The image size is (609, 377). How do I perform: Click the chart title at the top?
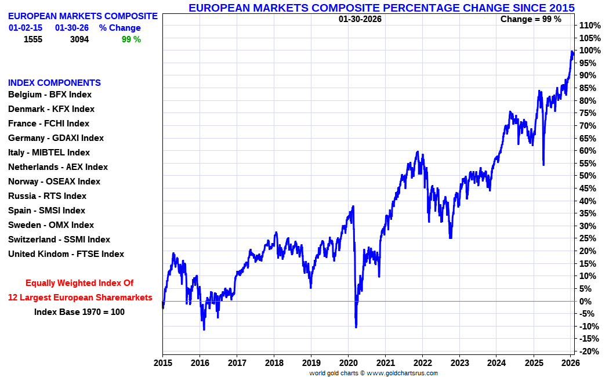point(382,8)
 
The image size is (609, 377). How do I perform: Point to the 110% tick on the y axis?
point(589,26)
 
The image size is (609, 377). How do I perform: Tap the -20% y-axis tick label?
point(589,351)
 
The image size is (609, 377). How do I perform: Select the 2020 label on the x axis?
point(348,363)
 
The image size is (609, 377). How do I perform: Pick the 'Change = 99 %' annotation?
point(531,19)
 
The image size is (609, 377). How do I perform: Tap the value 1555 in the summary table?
point(34,39)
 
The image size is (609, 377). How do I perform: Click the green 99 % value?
point(131,39)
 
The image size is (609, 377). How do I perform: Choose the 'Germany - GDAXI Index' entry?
point(56,138)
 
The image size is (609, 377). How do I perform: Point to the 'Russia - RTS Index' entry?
point(47,196)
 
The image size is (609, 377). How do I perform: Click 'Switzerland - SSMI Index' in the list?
point(59,240)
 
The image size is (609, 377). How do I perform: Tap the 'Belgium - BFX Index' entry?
point(50,95)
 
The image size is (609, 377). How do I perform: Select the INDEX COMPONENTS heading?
point(55,83)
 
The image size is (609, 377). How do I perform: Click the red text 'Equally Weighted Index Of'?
point(79,283)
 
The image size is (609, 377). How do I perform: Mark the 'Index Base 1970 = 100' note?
point(79,312)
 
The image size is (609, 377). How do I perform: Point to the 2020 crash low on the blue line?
point(356,327)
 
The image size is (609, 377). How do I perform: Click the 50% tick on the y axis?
point(588,176)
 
